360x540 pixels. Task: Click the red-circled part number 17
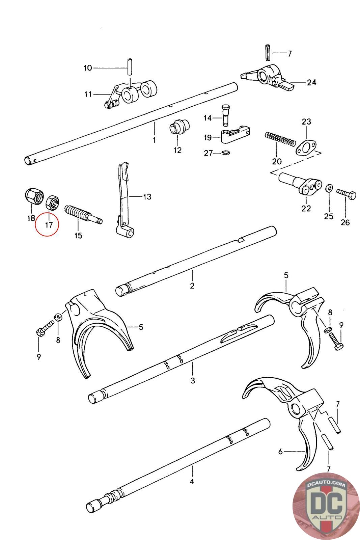(49, 224)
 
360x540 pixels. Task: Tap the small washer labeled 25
(329, 188)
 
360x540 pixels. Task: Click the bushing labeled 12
(178, 128)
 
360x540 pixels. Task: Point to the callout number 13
(147, 197)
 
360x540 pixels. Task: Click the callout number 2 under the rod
(192, 286)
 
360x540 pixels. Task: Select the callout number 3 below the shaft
(193, 380)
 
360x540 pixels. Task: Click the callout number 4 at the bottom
(192, 482)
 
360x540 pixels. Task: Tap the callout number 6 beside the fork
(281, 451)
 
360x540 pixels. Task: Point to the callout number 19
(207, 137)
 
